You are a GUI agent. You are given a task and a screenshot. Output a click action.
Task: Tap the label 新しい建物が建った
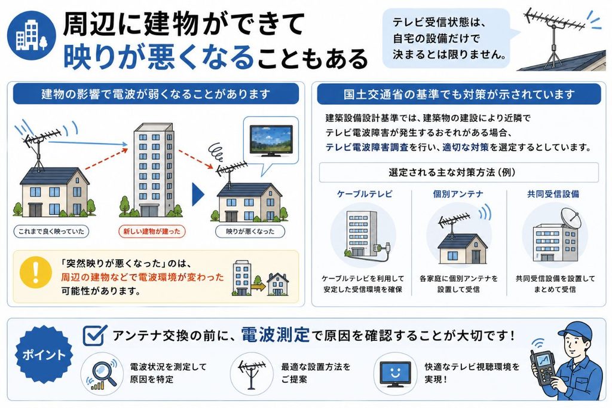coord(151,232)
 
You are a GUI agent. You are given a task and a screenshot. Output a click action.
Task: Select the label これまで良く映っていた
coord(51,232)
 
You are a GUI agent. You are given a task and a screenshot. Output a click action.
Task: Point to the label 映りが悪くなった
coord(250,232)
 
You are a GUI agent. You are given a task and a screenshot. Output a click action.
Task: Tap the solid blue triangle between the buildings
coord(198,194)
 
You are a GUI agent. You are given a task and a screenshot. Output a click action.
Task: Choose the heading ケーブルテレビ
coord(365,194)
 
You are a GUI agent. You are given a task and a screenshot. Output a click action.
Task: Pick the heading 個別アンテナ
coord(458,194)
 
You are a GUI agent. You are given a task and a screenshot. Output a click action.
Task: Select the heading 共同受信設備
coord(553,194)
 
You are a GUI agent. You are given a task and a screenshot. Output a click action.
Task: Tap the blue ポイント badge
coord(43,355)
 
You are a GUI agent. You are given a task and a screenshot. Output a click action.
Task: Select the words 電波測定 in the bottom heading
coord(276,335)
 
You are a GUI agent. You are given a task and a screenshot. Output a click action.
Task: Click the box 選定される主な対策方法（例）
coord(458,172)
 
